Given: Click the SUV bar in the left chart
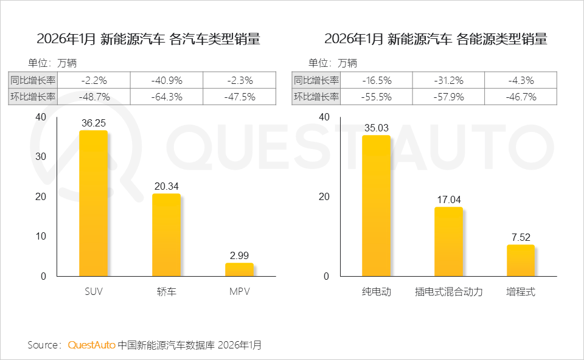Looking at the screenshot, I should pyautogui.click(x=93, y=204).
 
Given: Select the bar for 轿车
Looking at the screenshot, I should pyautogui.click(x=166, y=235).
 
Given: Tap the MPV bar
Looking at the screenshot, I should pyautogui.click(x=239, y=269).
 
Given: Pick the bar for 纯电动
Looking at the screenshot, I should pyautogui.click(x=376, y=206).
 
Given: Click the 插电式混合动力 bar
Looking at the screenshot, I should pyautogui.click(x=448, y=241).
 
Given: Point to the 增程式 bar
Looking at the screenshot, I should pyautogui.click(x=521, y=260).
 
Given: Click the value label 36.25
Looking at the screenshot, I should pyautogui.click(x=94, y=123).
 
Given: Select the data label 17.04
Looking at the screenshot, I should pyautogui.click(x=448, y=199).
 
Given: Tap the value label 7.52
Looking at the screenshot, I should pyautogui.click(x=521, y=237).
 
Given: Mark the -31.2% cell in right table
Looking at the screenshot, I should pyautogui.click(x=449, y=80).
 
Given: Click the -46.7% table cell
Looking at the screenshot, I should pyautogui.click(x=521, y=97).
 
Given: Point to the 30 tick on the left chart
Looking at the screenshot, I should pyautogui.click(x=40, y=156).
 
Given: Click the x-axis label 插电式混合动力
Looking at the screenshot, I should pyautogui.click(x=448, y=292).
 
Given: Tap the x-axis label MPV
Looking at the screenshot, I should pyautogui.click(x=239, y=292).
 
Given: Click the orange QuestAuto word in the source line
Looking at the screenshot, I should pyautogui.click(x=91, y=345).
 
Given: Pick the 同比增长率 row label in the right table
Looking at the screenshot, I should pyautogui.click(x=316, y=80).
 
